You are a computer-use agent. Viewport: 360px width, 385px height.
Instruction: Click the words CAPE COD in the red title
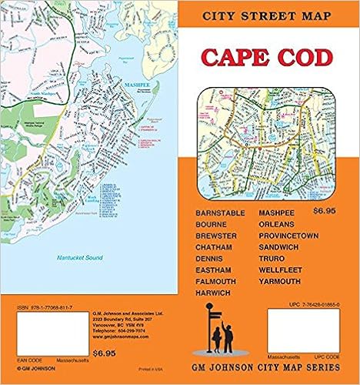(268, 59)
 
